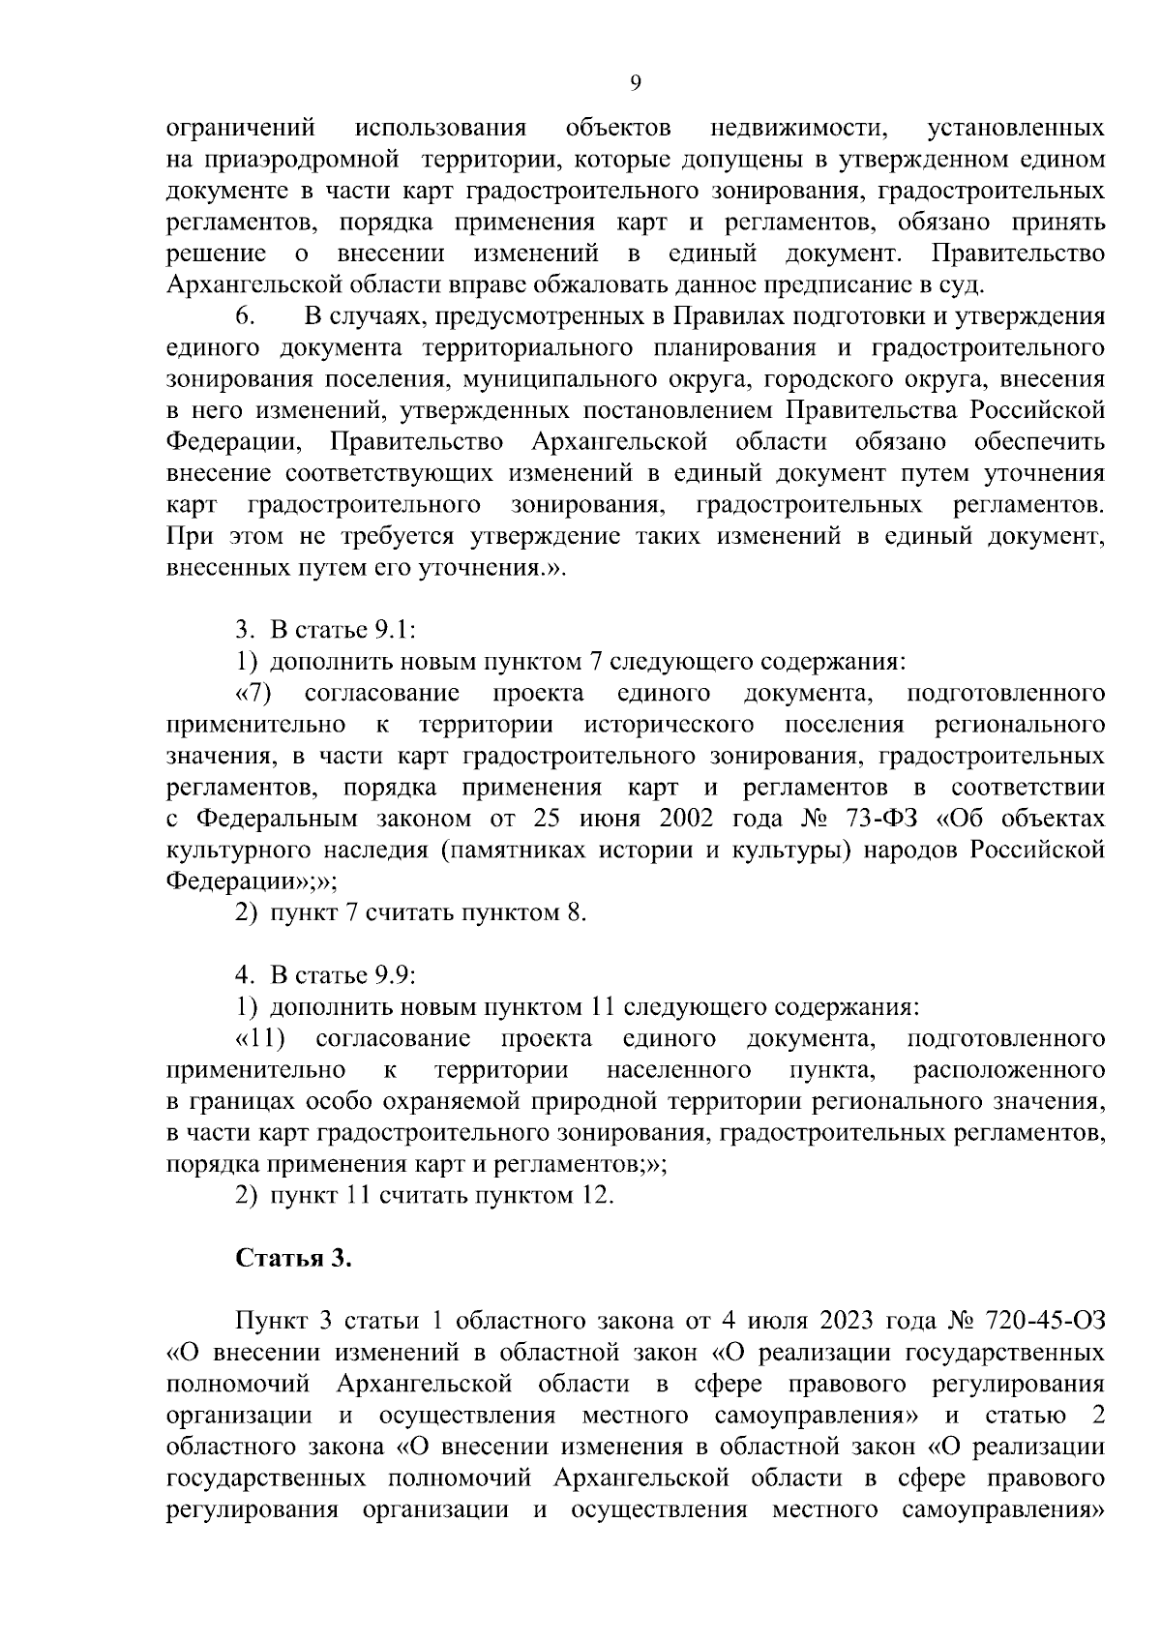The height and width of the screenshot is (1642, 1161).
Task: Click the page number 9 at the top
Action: pyautogui.click(x=636, y=83)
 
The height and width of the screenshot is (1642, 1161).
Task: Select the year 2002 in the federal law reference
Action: pyautogui.click(x=686, y=819)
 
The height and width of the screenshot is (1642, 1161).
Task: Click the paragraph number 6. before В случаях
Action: pyautogui.click(x=244, y=316)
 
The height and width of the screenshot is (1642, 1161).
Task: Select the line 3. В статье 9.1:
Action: pyautogui.click(x=325, y=631)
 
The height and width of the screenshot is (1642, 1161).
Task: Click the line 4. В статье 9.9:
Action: pyautogui.click(x=325, y=975)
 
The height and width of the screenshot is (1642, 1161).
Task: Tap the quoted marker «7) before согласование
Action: pyautogui.click(x=253, y=694)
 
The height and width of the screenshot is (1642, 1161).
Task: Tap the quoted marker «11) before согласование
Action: pyautogui.click(x=260, y=1038)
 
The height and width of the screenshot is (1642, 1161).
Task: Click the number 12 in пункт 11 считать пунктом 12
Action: pyautogui.click(x=596, y=1195)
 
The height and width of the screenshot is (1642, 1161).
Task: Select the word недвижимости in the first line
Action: pyautogui.click(x=800, y=128)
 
